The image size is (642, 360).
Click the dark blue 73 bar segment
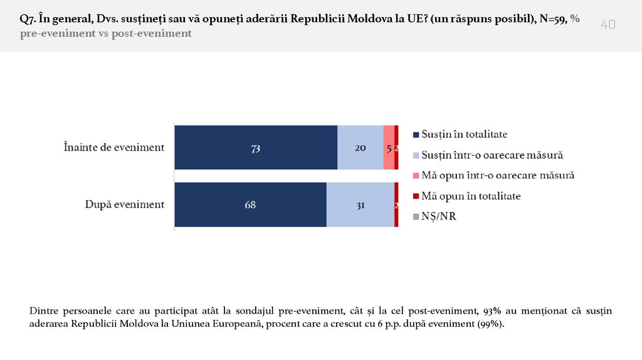(256, 148)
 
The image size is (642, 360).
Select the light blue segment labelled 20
(360, 148)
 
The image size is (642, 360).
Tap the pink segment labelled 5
(389, 148)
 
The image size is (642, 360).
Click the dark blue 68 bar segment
(250, 204)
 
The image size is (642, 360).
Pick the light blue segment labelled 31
(360, 204)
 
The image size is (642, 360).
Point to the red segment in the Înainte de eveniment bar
(397, 148)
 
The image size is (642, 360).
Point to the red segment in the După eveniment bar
(396, 204)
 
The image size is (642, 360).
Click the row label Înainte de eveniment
(114, 148)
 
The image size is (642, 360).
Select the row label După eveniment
(124, 204)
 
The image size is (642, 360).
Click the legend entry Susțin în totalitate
(464, 134)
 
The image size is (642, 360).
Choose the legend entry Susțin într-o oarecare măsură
(493, 155)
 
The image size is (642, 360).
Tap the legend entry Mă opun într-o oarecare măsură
(498, 176)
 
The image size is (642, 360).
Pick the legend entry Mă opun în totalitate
(471, 196)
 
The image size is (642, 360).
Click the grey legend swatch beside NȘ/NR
(415, 218)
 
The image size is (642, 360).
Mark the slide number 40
(608, 24)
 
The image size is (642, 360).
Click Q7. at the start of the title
(29, 19)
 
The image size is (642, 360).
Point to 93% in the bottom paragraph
(493, 311)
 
